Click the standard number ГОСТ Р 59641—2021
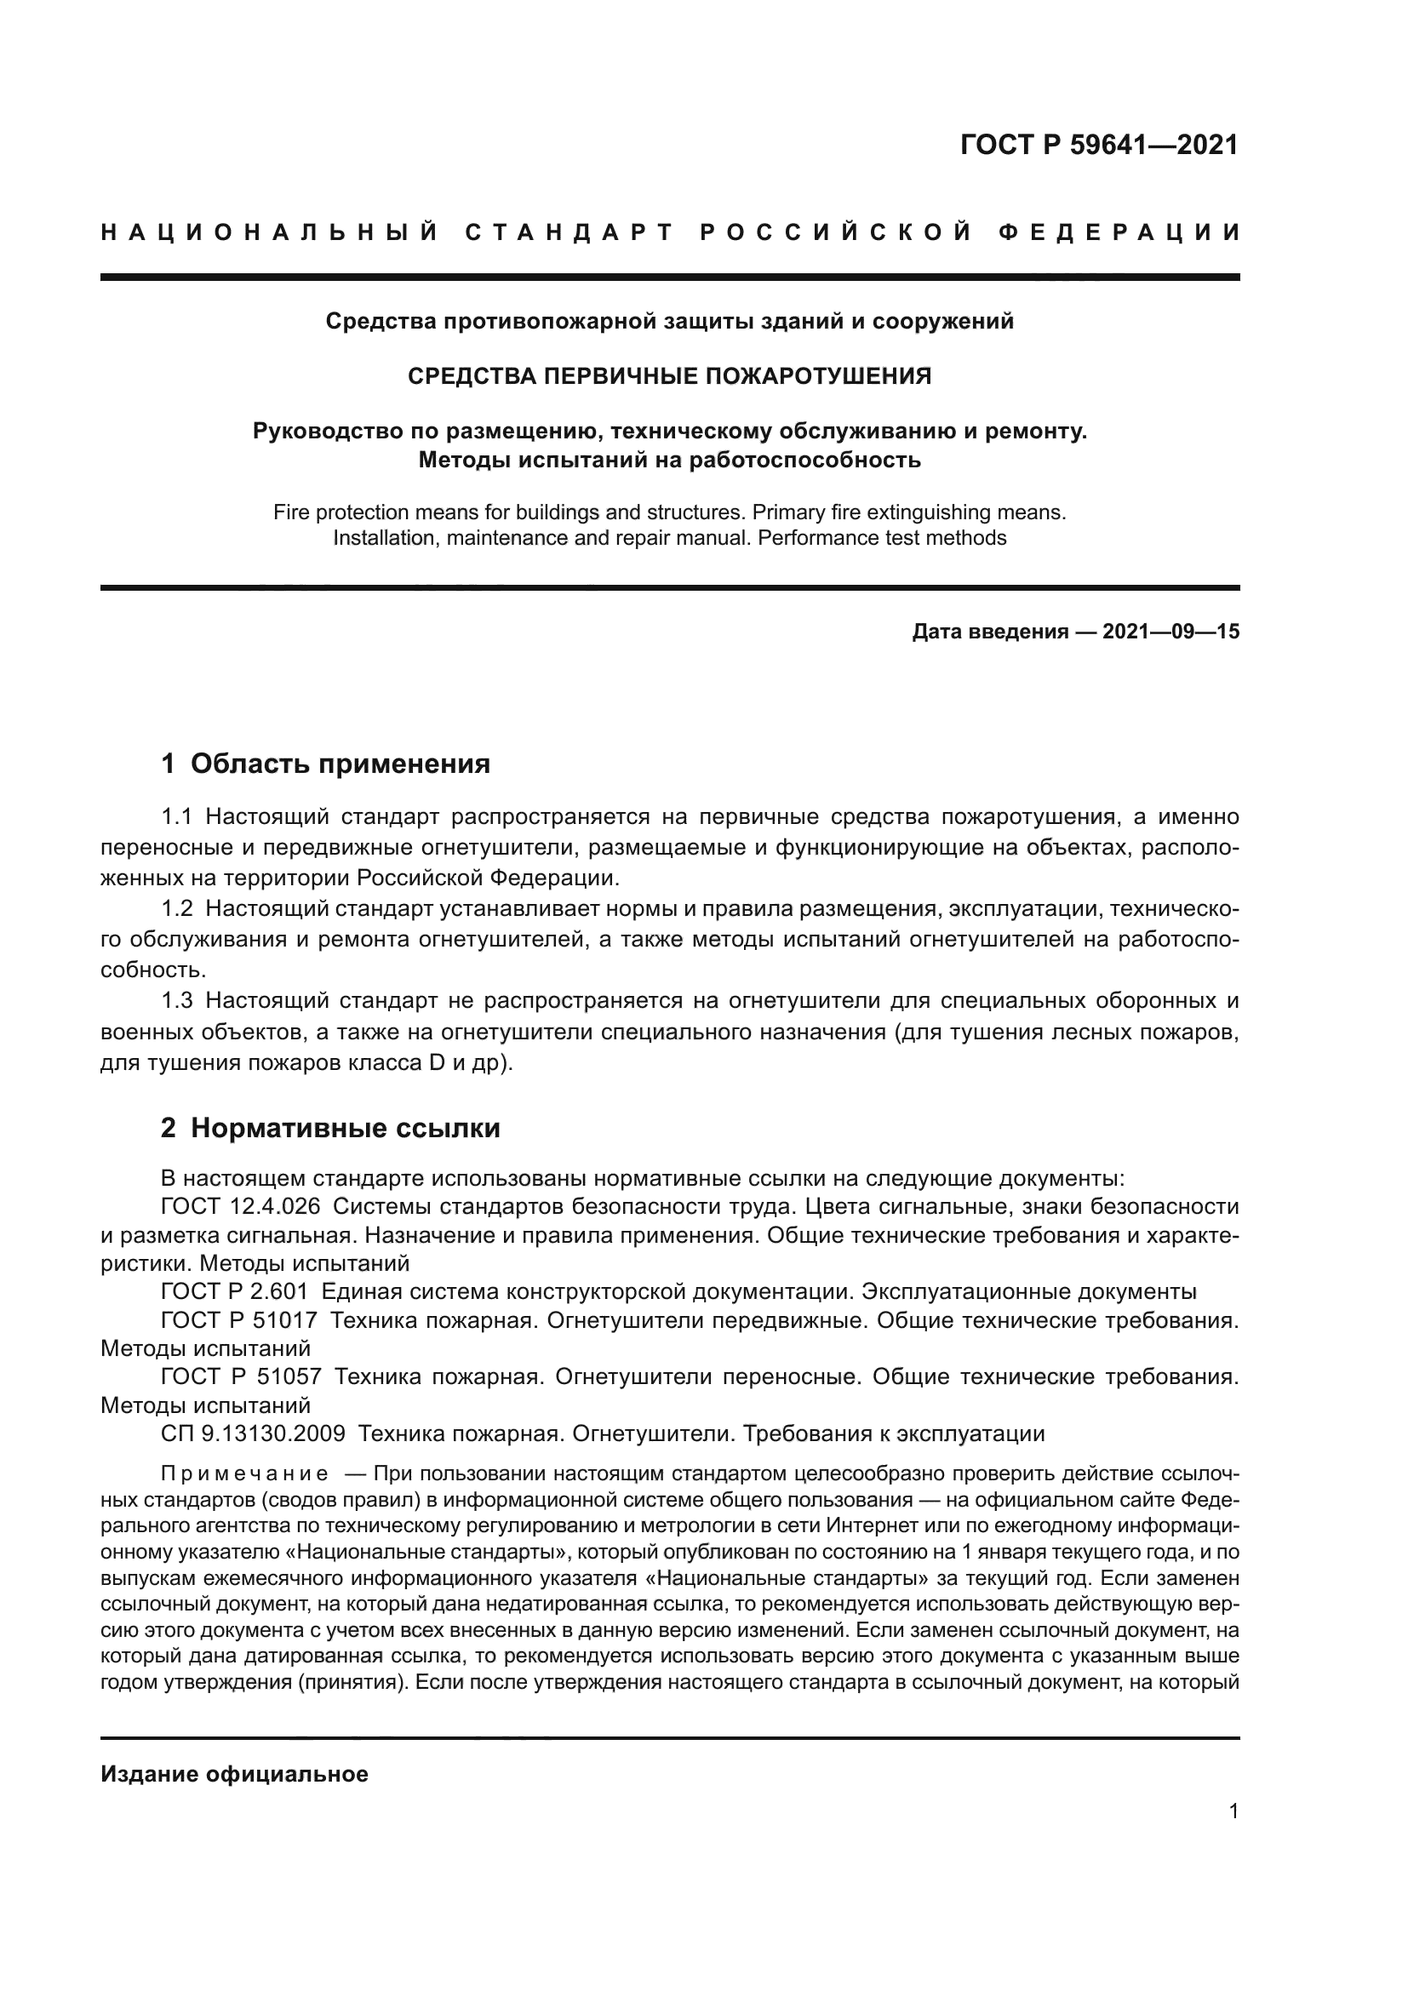(1098, 145)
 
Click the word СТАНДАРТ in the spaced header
(569, 232)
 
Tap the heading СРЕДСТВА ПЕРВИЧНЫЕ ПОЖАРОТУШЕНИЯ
(669, 375)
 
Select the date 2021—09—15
(1170, 632)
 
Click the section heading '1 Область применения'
(326, 763)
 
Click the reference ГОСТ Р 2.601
(234, 1291)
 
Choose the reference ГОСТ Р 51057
(241, 1376)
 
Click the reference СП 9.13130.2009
(253, 1433)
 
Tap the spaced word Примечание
(244, 1474)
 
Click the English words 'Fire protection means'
(370, 512)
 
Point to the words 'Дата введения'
(989, 632)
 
